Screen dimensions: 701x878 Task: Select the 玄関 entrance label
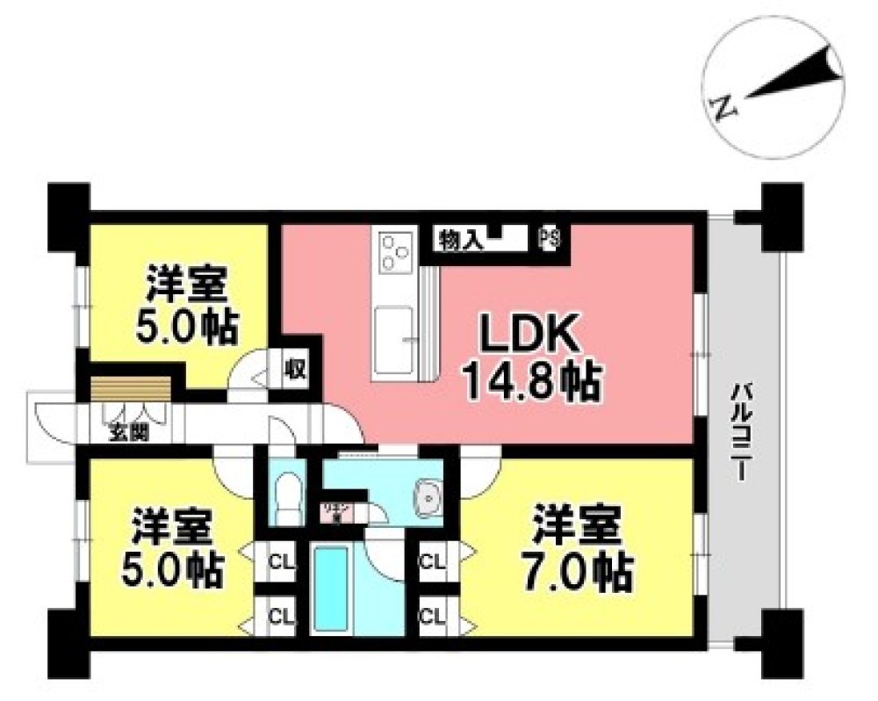pos(128,432)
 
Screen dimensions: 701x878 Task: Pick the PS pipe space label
pos(550,239)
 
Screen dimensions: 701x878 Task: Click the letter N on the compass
pos(722,108)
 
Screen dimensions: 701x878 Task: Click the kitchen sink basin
pos(396,329)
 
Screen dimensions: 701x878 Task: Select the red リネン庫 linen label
pos(334,510)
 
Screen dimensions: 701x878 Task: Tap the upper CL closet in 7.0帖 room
pos(431,560)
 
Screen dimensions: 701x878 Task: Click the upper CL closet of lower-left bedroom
pos(280,560)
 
